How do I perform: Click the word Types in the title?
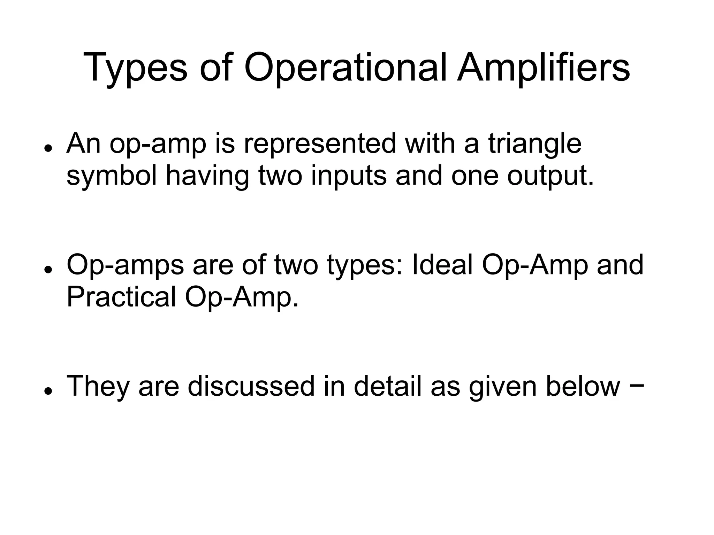click(135, 68)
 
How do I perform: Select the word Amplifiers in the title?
click(544, 68)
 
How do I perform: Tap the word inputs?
click(349, 177)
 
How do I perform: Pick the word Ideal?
click(442, 265)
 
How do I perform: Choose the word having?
click(207, 177)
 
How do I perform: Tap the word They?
click(98, 386)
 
